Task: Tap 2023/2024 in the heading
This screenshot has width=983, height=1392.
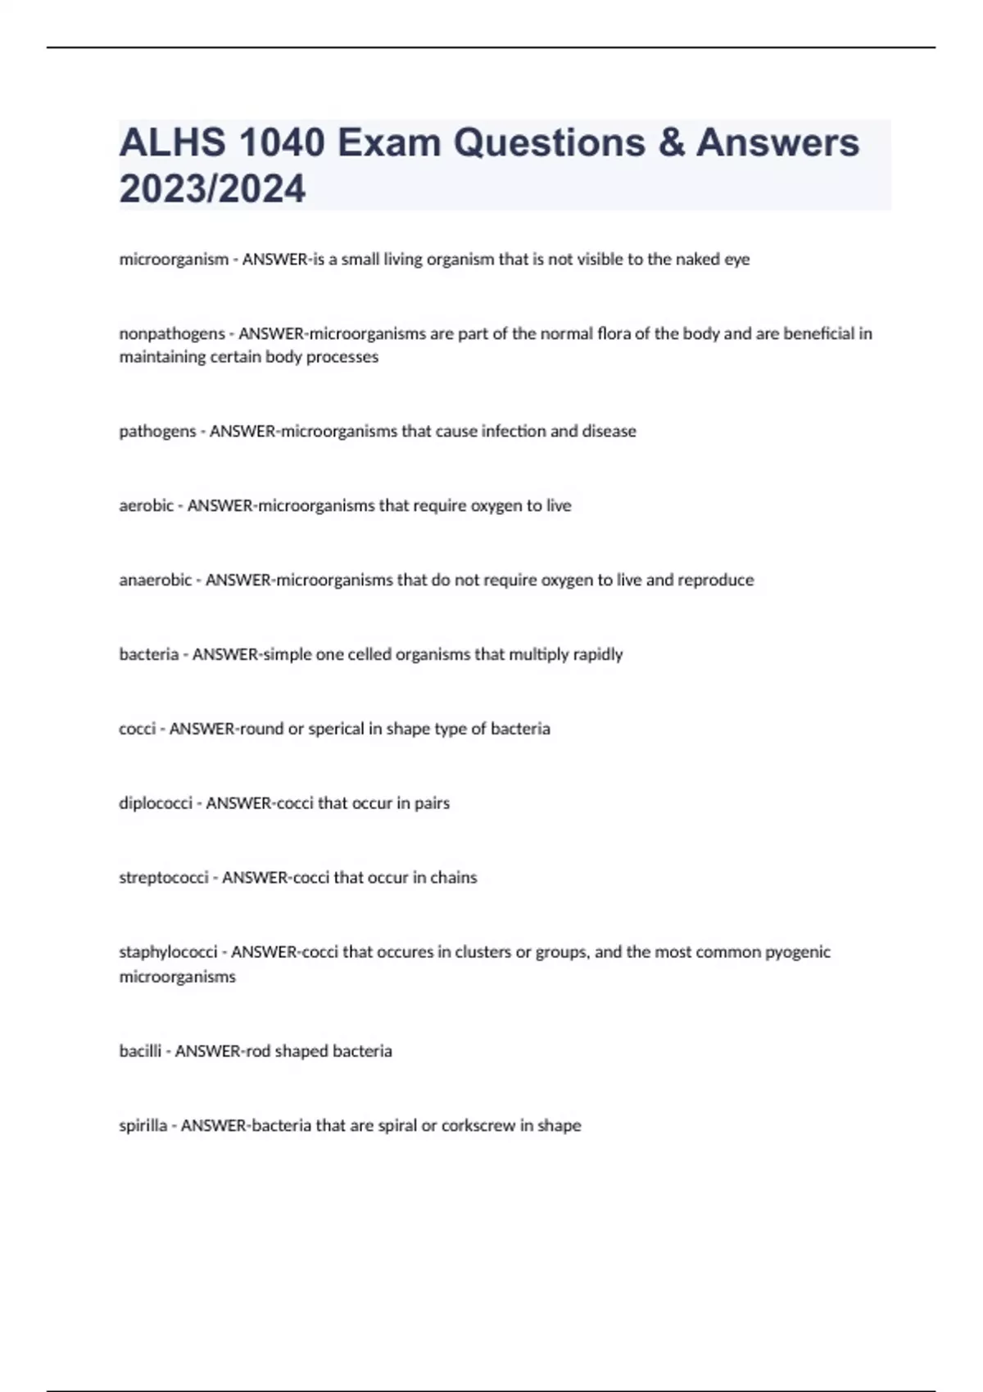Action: coord(212,188)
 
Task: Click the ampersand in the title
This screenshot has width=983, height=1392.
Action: coord(670,142)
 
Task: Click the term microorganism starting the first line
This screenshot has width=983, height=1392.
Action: coord(174,260)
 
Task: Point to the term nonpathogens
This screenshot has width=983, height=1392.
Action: coord(172,334)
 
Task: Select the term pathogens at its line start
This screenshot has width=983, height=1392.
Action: coord(157,432)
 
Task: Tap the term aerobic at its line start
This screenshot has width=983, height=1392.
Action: coord(146,506)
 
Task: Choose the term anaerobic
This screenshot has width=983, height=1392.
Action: coord(155,581)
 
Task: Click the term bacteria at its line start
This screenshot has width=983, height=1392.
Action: coord(148,655)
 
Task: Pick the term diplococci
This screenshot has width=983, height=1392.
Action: coord(156,803)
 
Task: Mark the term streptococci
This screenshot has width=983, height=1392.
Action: coord(164,878)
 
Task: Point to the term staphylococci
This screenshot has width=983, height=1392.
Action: coord(168,952)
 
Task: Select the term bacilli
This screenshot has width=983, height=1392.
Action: coord(140,1051)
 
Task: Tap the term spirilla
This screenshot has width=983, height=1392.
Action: coord(143,1126)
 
